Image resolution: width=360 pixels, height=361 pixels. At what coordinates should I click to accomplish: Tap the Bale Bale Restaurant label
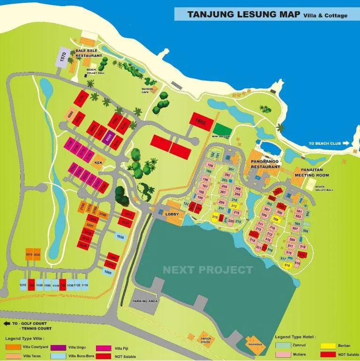coord(89,53)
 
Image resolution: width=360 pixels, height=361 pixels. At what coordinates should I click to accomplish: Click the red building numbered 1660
coord(200,121)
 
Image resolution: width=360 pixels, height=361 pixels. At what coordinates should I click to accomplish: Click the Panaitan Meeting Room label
coord(311,173)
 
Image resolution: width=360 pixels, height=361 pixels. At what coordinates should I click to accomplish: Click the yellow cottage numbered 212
coord(234,206)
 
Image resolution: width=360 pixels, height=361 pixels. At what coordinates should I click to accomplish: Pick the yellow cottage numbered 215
coord(215,217)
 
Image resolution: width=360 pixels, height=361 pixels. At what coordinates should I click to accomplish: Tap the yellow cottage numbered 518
coord(287,265)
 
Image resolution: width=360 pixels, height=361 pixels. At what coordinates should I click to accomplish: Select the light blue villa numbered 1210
coord(22,285)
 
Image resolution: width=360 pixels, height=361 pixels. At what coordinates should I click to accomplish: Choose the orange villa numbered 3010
coord(29,254)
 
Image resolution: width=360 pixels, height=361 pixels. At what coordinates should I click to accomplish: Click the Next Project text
coord(208,270)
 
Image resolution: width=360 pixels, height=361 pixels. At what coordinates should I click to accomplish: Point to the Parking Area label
coord(145,300)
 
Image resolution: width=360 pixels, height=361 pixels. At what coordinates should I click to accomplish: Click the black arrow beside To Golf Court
coord(8,323)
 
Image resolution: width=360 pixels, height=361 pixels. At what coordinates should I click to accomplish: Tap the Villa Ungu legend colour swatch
coord(58,347)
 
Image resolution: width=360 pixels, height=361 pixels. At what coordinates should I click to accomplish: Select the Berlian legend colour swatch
coord(328,345)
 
